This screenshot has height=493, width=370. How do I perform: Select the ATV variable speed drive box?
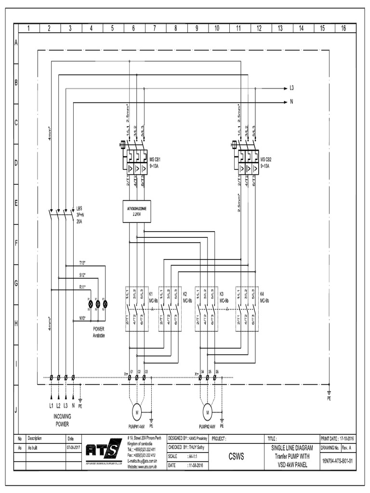coord(137,211)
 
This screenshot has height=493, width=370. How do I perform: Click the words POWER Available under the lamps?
coord(98,332)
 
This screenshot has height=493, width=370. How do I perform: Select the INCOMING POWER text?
coord(62,420)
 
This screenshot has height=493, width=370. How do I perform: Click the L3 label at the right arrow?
coord(291,88)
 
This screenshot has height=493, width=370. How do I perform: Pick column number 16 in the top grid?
coord(343,28)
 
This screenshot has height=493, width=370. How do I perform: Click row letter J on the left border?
coord(16,410)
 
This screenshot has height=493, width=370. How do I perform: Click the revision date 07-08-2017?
coord(74,447)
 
